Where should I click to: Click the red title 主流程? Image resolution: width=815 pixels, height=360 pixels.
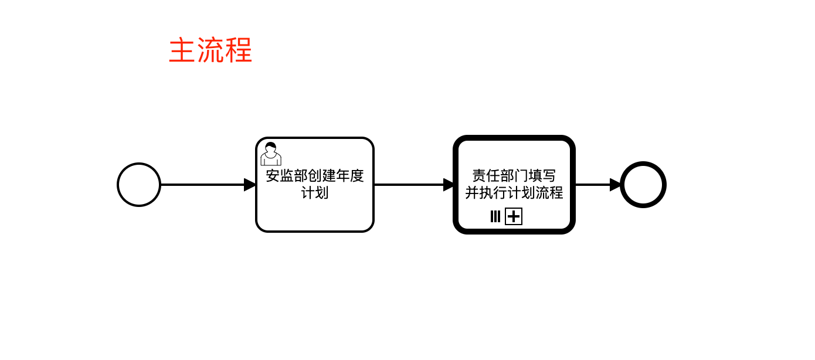point(210,51)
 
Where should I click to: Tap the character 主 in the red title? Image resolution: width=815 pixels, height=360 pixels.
point(182,51)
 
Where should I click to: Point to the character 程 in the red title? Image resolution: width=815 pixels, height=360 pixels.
point(239,51)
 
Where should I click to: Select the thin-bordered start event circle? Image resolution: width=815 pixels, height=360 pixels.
point(139,185)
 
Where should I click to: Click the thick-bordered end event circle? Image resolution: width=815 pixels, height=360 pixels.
point(643,185)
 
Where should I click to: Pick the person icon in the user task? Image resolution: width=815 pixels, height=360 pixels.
point(270,154)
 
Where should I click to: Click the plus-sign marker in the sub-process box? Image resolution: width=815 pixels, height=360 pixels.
point(514,217)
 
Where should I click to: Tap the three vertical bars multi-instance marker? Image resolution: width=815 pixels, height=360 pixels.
point(495,217)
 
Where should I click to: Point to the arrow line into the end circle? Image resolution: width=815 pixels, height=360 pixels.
point(592,185)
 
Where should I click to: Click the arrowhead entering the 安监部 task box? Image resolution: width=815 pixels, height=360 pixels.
point(250,185)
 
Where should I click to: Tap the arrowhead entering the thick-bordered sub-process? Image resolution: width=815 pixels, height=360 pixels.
point(449,185)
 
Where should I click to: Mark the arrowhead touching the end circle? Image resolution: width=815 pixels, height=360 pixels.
point(616,185)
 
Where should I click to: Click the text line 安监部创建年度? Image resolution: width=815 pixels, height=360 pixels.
point(315,176)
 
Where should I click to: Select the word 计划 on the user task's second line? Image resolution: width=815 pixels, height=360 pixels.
point(315,193)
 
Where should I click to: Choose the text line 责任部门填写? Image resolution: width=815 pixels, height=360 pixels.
point(514,176)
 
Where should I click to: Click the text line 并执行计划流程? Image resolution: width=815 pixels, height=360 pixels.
point(514,193)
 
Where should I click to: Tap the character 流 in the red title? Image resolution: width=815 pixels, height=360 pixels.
point(210,51)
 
